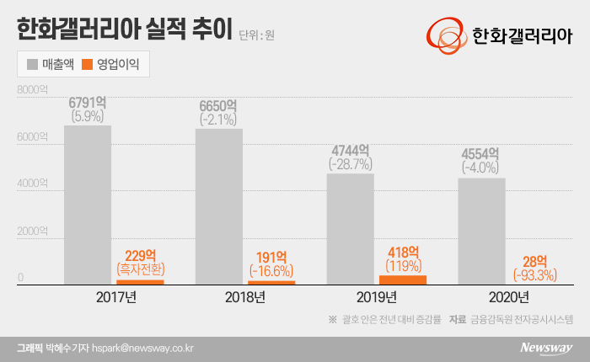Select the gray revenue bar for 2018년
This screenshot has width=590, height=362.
point(219,206)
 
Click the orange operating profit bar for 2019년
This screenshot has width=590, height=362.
point(403,280)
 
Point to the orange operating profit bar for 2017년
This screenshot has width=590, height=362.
point(140,282)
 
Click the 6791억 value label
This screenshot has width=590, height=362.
point(88,103)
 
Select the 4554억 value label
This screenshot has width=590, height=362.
point(481,154)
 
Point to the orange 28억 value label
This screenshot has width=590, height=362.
point(534,260)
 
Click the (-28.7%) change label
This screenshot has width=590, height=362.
point(350,164)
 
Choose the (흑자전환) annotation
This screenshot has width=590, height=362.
point(140,269)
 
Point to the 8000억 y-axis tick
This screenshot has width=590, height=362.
point(33,89)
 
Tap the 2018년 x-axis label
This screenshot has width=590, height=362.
point(245,297)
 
